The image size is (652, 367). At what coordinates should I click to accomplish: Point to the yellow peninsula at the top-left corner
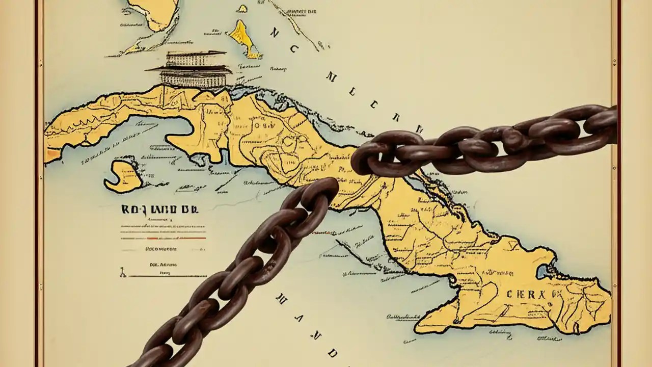click(153, 13)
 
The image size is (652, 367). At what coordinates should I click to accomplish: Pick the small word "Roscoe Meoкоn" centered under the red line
click(161, 249)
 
